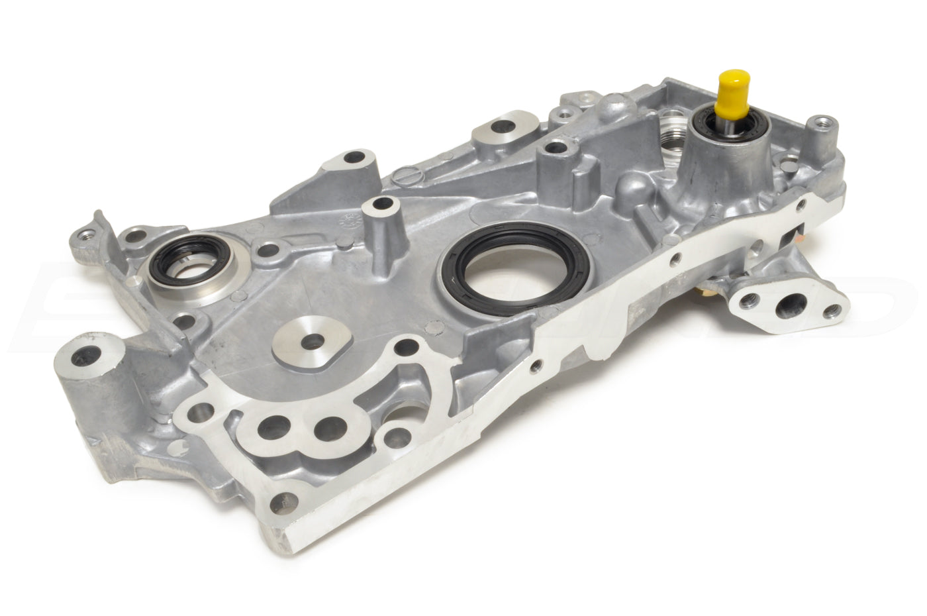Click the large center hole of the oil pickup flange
click(x=792, y=305)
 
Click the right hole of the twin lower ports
click(x=331, y=429)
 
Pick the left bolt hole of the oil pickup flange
click(x=748, y=301)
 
